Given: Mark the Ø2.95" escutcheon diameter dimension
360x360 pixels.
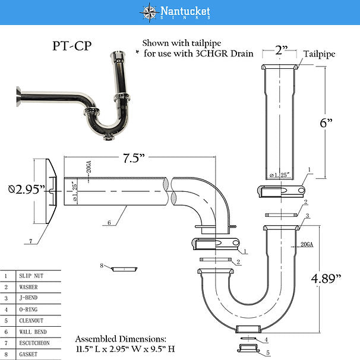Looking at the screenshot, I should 23,190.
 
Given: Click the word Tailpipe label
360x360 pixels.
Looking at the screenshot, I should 320,53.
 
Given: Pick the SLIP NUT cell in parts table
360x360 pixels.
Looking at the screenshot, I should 33,276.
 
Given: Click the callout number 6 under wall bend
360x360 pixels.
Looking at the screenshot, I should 109,223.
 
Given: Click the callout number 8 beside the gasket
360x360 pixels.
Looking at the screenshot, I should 102,265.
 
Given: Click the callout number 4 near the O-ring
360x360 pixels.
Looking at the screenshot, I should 266,340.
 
